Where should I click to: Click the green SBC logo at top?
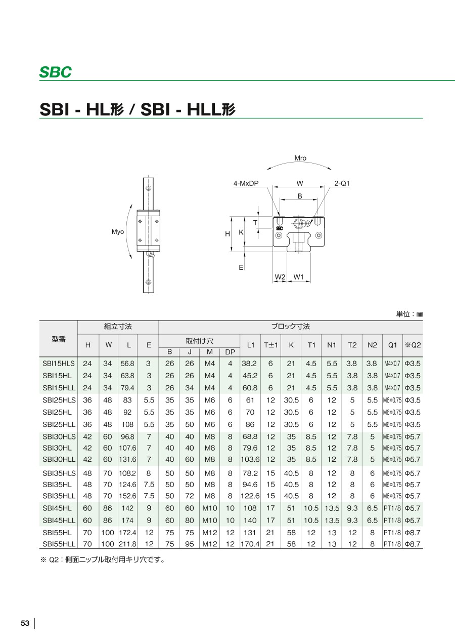click(x=56, y=72)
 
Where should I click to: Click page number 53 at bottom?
click(x=25, y=623)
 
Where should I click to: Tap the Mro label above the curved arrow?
click(x=300, y=158)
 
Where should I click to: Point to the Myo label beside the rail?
click(x=118, y=232)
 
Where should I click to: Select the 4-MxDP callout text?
click(x=246, y=183)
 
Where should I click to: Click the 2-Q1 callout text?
click(x=342, y=183)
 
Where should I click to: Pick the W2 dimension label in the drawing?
click(x=280, y=277)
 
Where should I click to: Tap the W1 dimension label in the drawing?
click(x=299, y=277)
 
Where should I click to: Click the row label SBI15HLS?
click(x=59, y=364)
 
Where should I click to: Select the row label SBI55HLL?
click(x=59, y=544)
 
